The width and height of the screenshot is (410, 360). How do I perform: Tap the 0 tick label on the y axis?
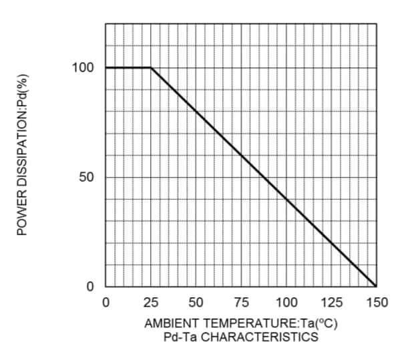[90, 287]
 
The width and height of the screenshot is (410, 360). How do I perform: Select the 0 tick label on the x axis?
[106, 303]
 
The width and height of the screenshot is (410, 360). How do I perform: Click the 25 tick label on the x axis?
[151, 303]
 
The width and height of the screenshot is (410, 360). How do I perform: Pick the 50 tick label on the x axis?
[196, 303]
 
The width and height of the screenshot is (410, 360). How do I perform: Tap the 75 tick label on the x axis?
[241, 303]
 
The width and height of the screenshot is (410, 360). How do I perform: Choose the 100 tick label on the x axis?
[286, 303]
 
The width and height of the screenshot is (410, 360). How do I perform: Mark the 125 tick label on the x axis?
[332, 303]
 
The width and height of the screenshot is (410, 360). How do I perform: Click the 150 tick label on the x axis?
[377, 303]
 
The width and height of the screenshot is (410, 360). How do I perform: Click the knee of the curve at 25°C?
[151, 67]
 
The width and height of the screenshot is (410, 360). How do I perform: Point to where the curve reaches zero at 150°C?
[377, 286]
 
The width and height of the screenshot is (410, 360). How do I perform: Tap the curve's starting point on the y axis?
[106, 67]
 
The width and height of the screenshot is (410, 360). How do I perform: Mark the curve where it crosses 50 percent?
[264, 177]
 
